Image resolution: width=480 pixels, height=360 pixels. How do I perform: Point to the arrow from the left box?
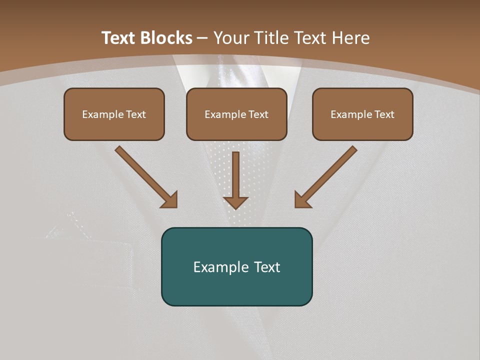145,176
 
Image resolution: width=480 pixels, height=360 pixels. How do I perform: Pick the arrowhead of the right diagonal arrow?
302,200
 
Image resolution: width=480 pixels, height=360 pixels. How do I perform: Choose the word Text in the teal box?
266,267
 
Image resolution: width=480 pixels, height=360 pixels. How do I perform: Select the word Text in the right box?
384,114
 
